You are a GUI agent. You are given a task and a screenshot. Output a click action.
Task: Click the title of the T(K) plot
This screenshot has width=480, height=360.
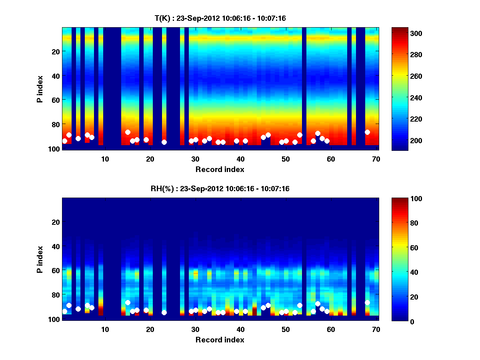click(220, 18)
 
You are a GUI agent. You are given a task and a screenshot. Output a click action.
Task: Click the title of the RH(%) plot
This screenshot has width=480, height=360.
click(220, 188)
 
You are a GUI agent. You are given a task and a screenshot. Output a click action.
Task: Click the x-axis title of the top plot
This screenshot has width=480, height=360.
click(220, 170)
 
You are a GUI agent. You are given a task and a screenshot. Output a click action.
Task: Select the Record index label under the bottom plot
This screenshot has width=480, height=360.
click(220, 340)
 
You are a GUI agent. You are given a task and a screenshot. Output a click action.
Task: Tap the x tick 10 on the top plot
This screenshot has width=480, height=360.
click(105, 159)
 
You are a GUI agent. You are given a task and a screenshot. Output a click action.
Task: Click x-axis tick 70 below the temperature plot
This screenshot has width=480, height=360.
click(376, 159)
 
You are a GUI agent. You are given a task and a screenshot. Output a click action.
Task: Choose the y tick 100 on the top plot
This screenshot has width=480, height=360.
click(55, 149)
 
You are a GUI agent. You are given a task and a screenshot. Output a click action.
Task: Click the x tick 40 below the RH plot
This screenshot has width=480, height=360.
click(240, 329)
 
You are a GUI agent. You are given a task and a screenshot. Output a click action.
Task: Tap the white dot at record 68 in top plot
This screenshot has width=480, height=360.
click(367, 132)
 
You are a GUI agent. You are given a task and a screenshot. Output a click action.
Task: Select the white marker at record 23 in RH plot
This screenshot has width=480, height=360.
click(164, 312)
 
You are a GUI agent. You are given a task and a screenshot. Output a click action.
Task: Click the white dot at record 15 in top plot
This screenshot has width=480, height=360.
click(128, 132)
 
